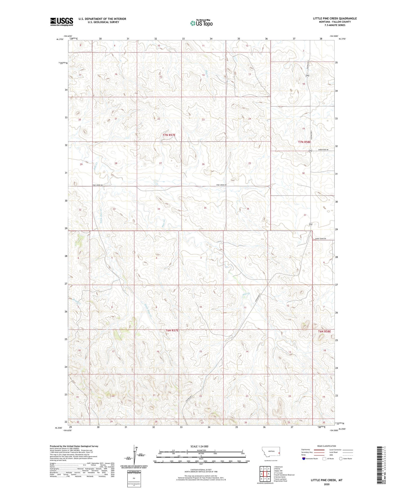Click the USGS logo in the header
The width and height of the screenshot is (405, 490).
point(62,22)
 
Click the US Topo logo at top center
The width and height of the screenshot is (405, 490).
point(201,23)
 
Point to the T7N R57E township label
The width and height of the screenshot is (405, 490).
point(169,135)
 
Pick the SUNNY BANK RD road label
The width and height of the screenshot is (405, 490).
point(320,239)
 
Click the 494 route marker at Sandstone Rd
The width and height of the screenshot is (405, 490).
point(310,151)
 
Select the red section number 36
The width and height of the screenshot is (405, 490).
point(248,209)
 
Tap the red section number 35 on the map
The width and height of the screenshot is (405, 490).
point(205,208)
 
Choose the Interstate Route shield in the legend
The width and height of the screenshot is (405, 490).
point(304,459)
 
